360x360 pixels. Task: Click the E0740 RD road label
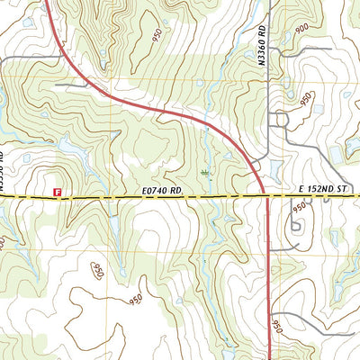(162, 191)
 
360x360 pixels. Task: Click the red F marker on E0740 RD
(57, 192)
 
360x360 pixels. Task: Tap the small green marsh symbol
(206, 171)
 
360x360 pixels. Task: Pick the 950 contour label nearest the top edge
(158, 35)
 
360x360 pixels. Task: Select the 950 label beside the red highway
(277, 322)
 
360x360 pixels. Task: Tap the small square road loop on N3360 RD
(280, 119)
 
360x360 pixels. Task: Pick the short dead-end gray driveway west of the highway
(70, 85)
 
